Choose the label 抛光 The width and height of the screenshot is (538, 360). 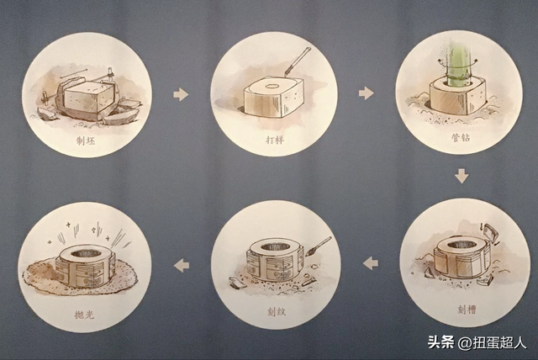tap(85, 309)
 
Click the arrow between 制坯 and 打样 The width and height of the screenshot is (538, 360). tap(181, 94)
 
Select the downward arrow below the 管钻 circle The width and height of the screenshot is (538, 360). tap(461, 177)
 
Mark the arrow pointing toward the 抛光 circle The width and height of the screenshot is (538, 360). tap(181, 266)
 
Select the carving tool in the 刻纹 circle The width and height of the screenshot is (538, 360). tap(320, 244)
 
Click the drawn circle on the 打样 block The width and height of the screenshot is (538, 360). tap(274, 86)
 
